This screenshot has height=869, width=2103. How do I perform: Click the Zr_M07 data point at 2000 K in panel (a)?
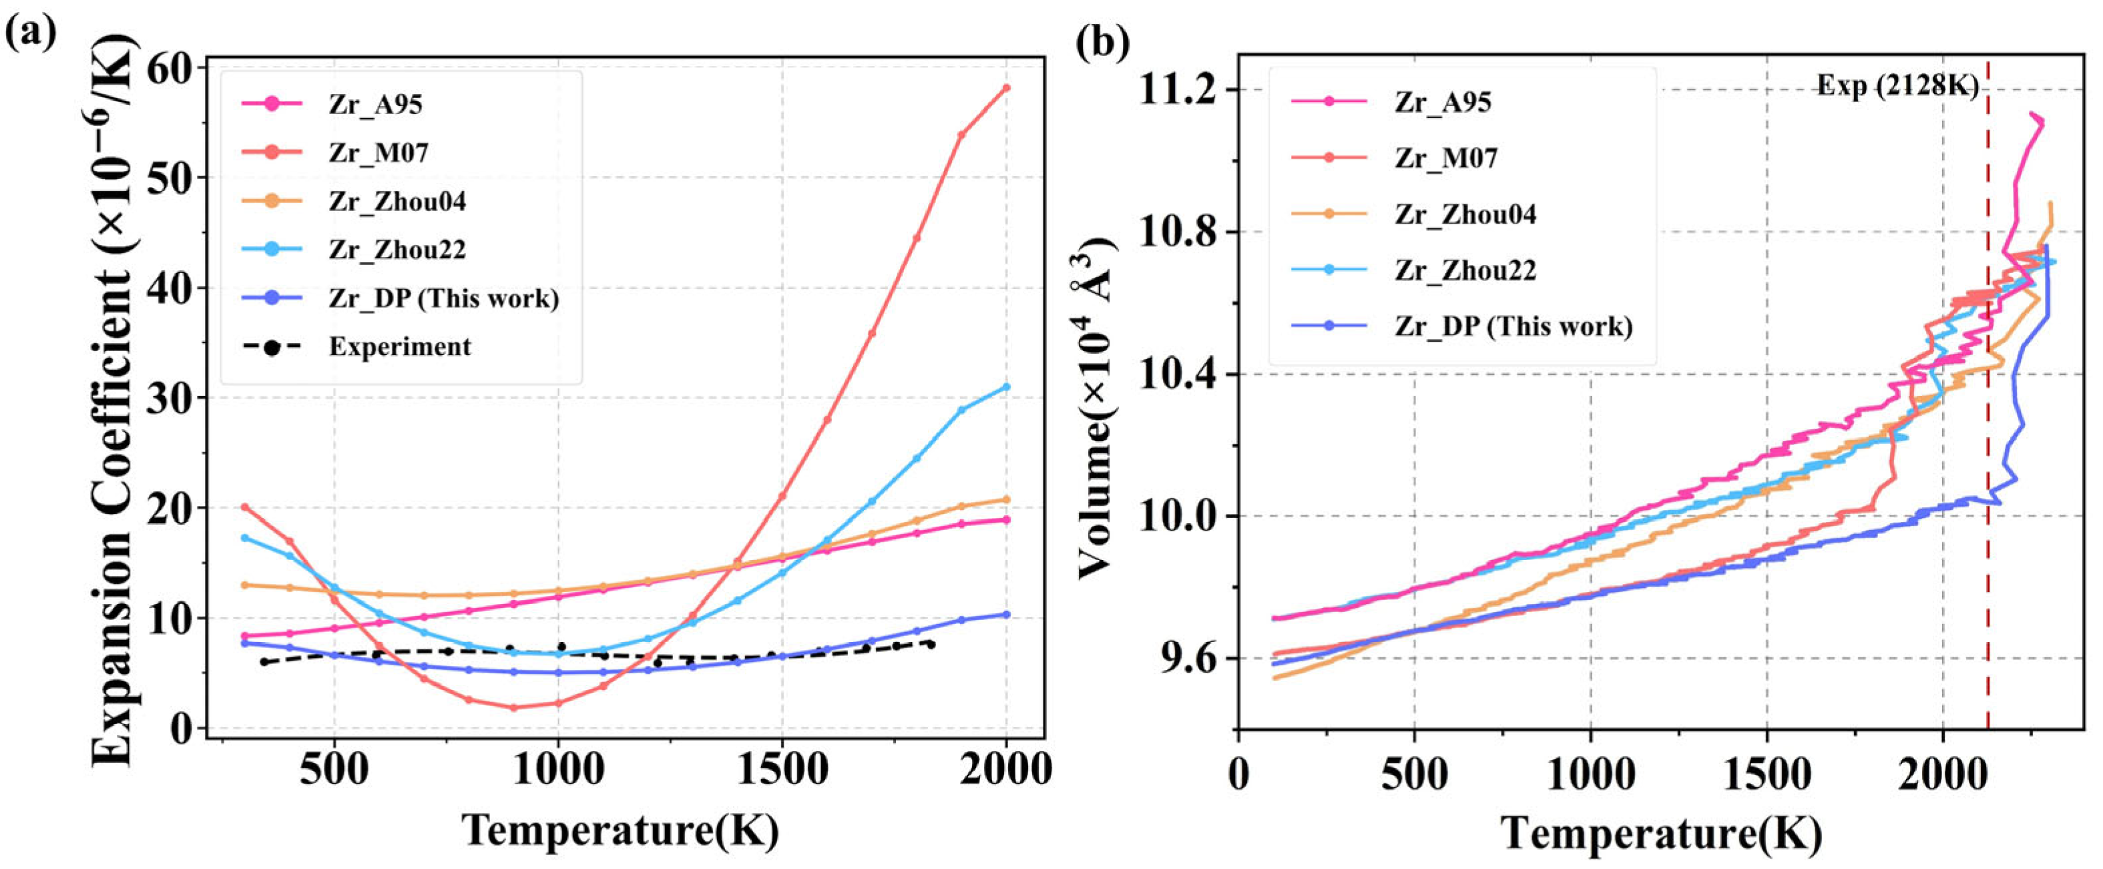pos(1006,87)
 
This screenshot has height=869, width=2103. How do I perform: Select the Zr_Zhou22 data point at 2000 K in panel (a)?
pos(1006,386)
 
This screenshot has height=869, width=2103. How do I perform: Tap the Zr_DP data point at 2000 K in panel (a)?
pos(1006,615)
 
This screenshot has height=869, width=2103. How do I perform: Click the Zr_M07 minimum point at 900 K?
pos(513,707)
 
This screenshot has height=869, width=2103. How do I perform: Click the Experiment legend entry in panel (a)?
pos(399,347)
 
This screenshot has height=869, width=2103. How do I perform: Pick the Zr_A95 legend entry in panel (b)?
pos(1443,102)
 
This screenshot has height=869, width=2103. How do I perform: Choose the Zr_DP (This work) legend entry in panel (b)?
pos(1513,326)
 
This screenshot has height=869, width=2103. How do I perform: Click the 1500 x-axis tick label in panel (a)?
pos(782,770)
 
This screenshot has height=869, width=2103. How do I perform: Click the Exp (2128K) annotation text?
pos(1897,85)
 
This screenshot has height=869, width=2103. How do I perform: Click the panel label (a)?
pos(31,33)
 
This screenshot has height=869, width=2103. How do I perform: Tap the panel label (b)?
pos(1103,41)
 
